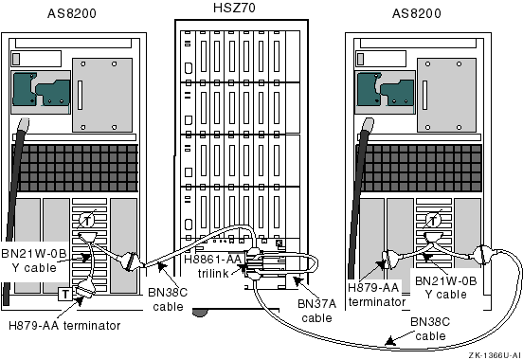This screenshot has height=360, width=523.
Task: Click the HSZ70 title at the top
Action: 234,8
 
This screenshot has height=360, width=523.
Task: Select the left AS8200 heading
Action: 72,13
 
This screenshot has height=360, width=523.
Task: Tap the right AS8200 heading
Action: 416,13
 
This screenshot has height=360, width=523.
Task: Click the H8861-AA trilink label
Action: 213,266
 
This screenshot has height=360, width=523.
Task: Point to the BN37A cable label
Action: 316,311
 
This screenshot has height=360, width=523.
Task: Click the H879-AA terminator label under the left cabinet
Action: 64,325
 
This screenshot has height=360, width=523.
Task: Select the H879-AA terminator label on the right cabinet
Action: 376,295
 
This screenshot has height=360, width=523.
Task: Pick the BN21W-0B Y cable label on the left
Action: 34,261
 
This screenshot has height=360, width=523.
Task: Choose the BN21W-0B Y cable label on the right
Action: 445,288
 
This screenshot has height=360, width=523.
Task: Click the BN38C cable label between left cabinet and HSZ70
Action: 168,299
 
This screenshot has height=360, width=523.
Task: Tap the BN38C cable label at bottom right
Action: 430,329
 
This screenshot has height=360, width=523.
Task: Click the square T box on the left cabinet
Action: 65,294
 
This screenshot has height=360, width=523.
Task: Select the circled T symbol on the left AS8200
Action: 87,220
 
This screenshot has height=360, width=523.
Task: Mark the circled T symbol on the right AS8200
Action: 432,220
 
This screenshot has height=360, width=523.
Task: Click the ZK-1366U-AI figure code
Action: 495,355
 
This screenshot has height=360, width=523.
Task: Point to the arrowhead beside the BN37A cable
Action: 298,280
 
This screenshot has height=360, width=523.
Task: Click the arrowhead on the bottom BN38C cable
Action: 390,341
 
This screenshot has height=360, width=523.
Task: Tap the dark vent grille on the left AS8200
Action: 75,168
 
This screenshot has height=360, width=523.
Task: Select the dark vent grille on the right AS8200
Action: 421,168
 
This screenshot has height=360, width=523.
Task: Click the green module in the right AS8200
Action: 386,89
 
